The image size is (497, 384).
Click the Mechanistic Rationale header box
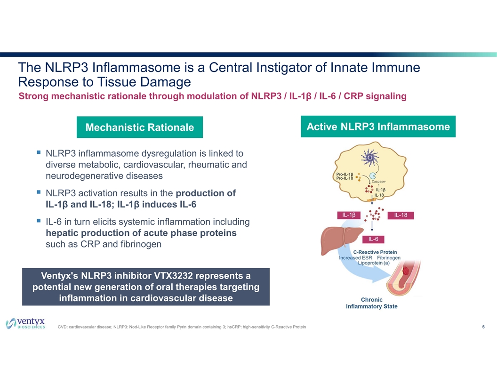139,128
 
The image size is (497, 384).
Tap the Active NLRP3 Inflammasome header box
378,127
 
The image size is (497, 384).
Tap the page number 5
483,327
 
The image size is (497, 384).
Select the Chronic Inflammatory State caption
371,303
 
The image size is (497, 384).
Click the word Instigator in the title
280,68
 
